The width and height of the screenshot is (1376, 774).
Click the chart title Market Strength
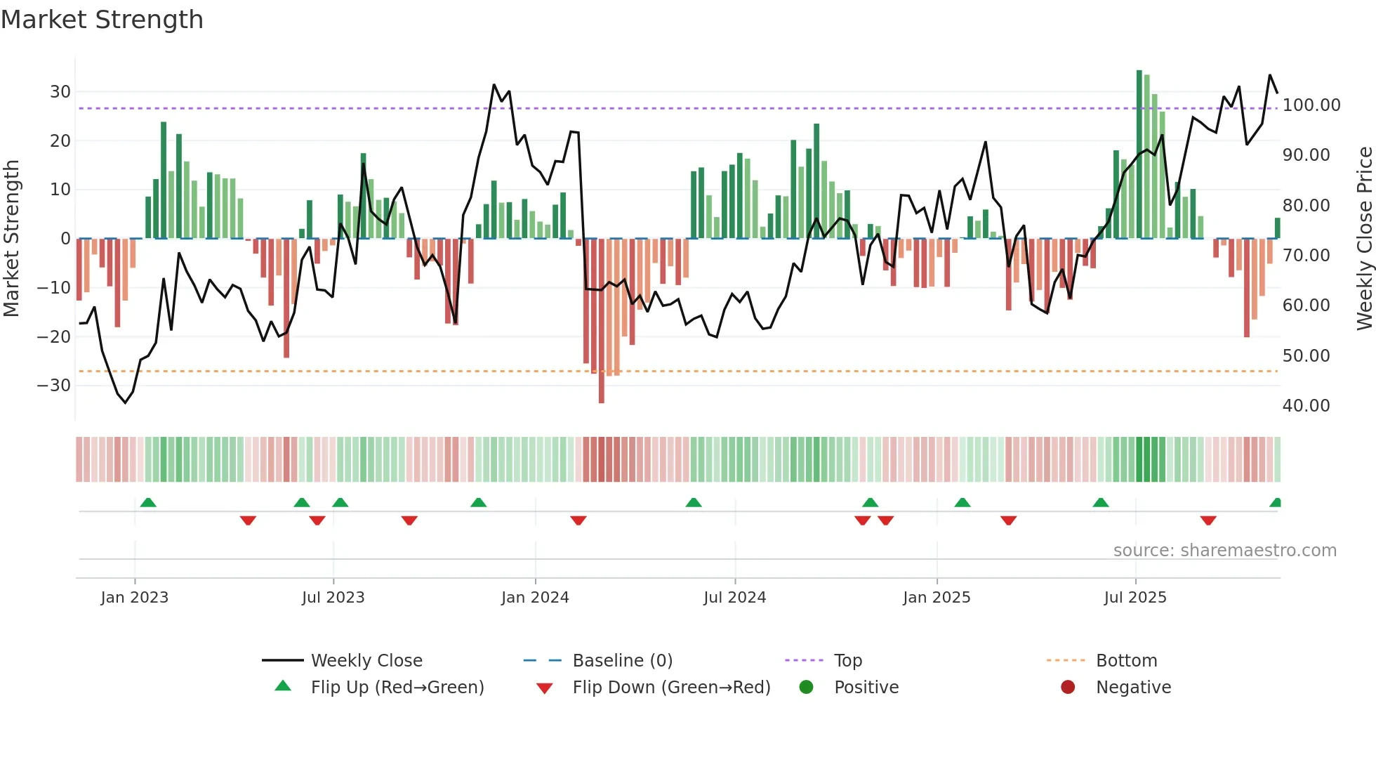coord(102,20)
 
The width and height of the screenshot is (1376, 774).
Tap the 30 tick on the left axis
coord(60,92)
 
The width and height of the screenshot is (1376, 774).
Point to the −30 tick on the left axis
coord(54,386)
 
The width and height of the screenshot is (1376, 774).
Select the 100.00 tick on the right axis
coord(1311,105)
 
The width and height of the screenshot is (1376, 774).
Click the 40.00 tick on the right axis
coord(1306,406)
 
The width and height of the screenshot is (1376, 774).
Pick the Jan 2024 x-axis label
coord(535,598)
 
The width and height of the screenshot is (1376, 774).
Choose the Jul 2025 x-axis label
coord(1134,598)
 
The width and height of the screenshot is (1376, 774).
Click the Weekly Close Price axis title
coord(1364,239)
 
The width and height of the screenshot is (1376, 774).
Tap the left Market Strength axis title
coord(11,239)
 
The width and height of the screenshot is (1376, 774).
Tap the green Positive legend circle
coord(806,688)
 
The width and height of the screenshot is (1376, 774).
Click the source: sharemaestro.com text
coord(1224,551)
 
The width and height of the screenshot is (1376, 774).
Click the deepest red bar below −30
coord(602,323)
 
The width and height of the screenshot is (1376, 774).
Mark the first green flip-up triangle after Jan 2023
coord(148,502)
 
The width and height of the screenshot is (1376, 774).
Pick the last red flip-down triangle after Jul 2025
coord(1208,520)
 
